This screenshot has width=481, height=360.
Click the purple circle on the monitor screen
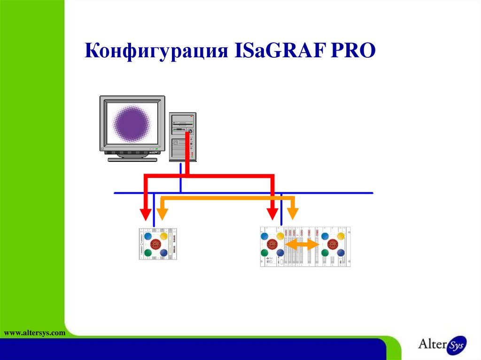(x=132, y=123)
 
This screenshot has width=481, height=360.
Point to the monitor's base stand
(x=132, y=159)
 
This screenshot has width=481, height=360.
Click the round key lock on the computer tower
(x=190, y=131)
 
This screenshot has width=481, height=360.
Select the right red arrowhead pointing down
(x=272, y=214)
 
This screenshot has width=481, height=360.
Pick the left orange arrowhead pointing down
(x=162, y=214)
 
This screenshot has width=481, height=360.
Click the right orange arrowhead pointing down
(x=293, y=214)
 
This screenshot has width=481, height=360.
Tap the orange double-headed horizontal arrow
(x=303, y=245)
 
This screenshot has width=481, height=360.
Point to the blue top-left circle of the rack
(x=265, y=236)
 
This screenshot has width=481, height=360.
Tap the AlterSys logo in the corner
(x=442, y=345)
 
